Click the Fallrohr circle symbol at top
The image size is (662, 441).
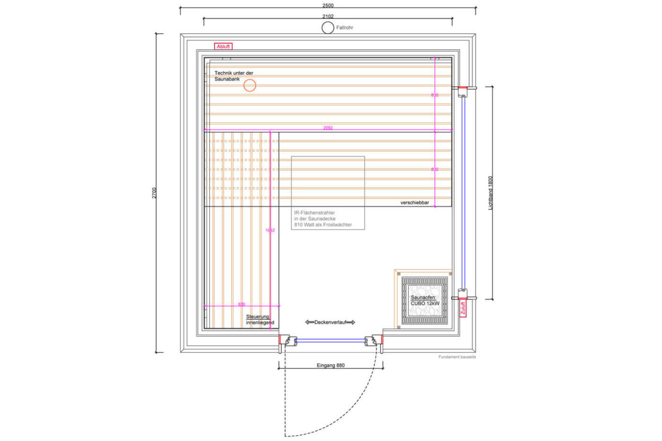pyautogui.click(x=327, y=28)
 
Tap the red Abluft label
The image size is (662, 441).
pyautogui.click(x=223, y=46)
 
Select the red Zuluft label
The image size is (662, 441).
pyautogui.click(x=463, y=309)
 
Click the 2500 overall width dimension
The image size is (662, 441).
pyautogui.click(x=328, y=5)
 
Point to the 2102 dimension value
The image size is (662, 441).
pyautogui.click(x=328, y=18)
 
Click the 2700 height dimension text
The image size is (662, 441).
pyautogui.click(x=154, y=193)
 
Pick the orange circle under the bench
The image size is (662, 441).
pyautogui.click(x=250, y=86)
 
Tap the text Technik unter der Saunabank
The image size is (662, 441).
pyautogui.click(x=234, y=77)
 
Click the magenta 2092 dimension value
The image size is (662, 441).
pyautogui.click(x=328, y=128)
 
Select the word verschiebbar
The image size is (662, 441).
pyautogui.click(x=415, y=202)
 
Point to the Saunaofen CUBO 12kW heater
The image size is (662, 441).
pyautogui.click(x=425, y=300)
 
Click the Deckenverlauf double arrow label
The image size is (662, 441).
pyautogui.click(x=330, y=322)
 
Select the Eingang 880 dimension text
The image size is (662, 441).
pyautogui.click(x=330, y=365)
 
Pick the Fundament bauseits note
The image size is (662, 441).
pyautogui.click(x=457, y=357)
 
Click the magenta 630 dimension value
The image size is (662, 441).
pyautogui.click(x=241, y=304)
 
